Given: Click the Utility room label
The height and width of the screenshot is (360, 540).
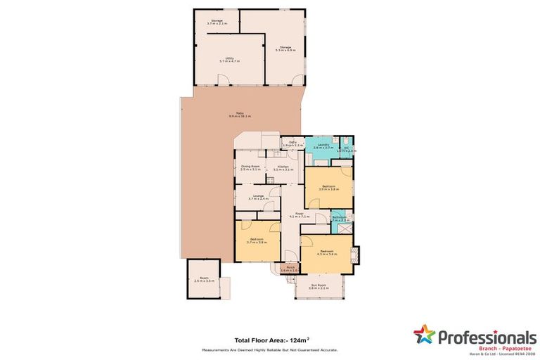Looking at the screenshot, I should pos(229,60).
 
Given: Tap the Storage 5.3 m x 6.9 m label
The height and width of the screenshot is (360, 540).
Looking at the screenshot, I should pos(284,49).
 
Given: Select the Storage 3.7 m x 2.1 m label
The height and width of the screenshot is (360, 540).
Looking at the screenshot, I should pos(217,22).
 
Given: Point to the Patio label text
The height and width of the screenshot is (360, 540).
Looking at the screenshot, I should pos(240,115).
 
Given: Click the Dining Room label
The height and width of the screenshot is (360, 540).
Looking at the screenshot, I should pos(250,167).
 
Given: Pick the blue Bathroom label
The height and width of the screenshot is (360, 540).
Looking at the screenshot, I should pos(339,219).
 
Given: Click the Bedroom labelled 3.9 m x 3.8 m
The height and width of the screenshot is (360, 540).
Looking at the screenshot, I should pos(329,188).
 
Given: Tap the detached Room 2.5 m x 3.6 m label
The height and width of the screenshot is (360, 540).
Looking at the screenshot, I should pos(204,280).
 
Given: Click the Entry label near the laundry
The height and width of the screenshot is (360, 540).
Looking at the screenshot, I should pos(292,143).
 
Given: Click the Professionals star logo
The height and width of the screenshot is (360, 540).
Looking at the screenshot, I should pos(425,335).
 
